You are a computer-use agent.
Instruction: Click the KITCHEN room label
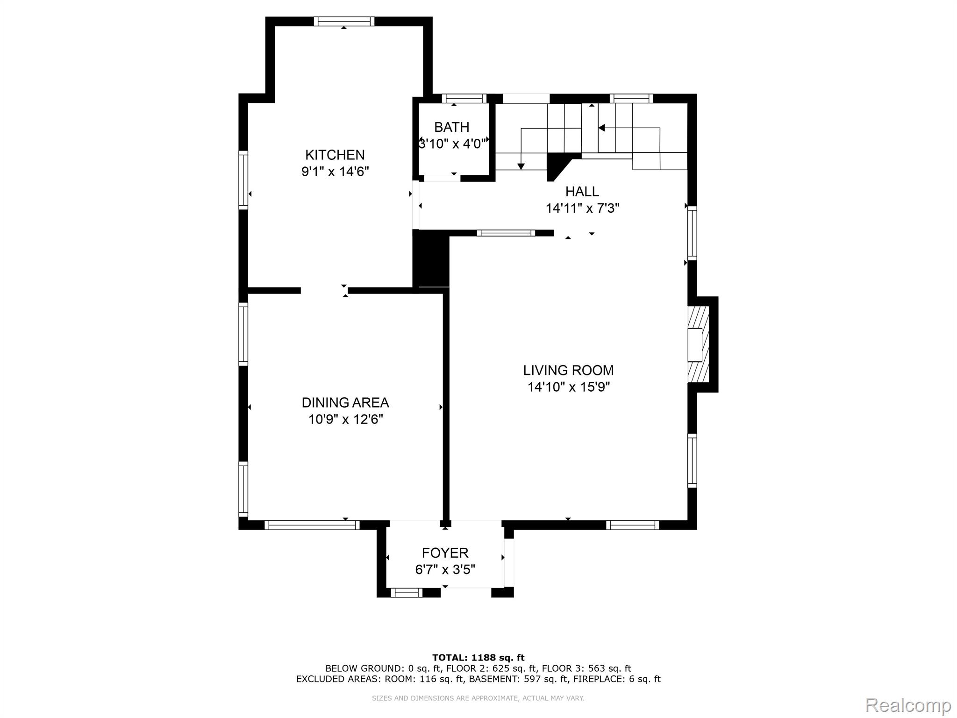click(335, 155)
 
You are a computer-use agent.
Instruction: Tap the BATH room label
click(451, 127)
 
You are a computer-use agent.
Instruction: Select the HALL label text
click(582, 191)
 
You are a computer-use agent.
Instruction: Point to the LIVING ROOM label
click(568, 370)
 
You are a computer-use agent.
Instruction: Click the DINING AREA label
click(345, 402)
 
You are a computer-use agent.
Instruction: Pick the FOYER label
click(445, 553)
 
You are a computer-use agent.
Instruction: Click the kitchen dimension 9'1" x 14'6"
click(335, 172)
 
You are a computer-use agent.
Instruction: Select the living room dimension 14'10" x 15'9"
click(569, 387)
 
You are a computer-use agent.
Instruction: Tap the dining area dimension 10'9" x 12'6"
click(345, 419)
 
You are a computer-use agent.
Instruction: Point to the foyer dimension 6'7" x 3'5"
click(445, 570)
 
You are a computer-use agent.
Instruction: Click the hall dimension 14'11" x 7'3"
click(582, 208)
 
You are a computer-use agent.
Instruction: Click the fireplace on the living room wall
click(698, 345)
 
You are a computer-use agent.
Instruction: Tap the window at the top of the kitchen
click(344, 21)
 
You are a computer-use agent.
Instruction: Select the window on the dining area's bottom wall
click(312, 525)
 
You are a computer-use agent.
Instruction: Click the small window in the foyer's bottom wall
click(407, 593)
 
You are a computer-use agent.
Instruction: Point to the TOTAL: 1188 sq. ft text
click(478, 658)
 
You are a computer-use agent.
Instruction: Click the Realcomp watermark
click(908, 705)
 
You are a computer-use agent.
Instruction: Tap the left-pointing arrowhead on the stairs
click(601, 128)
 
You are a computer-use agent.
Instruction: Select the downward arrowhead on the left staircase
click(521, 166)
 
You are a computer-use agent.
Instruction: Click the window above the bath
click(464, 99)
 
